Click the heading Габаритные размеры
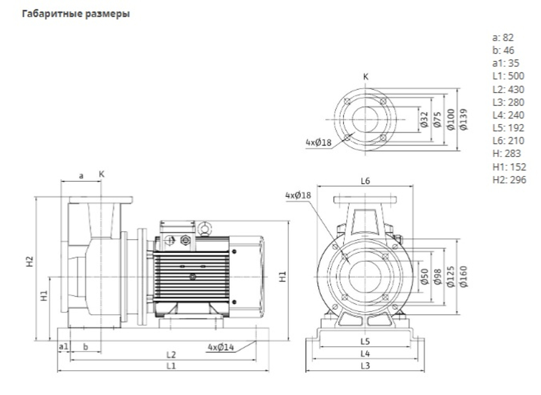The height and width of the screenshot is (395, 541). click(76, 14)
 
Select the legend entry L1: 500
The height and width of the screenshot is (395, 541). click(508, 76)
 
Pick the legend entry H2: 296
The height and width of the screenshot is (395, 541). click(509, 180)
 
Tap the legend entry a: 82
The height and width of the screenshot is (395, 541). click(503, 37)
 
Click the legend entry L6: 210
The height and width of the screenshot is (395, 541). click(508, 141)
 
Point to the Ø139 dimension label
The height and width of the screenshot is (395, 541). click(464, 120)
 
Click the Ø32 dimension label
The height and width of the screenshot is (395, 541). click(424, 120)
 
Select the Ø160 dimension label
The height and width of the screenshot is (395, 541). click(464, 276)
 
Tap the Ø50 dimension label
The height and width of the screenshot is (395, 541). click(424, 276)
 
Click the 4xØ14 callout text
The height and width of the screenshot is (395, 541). click(221, 347)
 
